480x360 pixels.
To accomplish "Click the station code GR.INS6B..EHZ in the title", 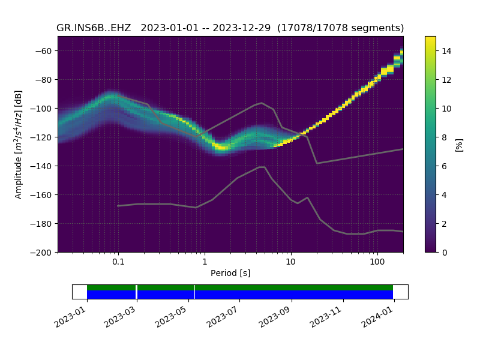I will (95, 28).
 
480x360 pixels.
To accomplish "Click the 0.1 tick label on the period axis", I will (118, 262).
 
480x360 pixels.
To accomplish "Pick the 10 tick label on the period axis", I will (290, 262).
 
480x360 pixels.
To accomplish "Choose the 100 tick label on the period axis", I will (377, 262).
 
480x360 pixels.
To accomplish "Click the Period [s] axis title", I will (230, 274).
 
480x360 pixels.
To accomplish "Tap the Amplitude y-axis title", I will (19, 144).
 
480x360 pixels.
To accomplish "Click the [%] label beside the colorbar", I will (460, 144).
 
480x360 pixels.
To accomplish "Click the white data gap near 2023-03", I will (137, 292).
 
